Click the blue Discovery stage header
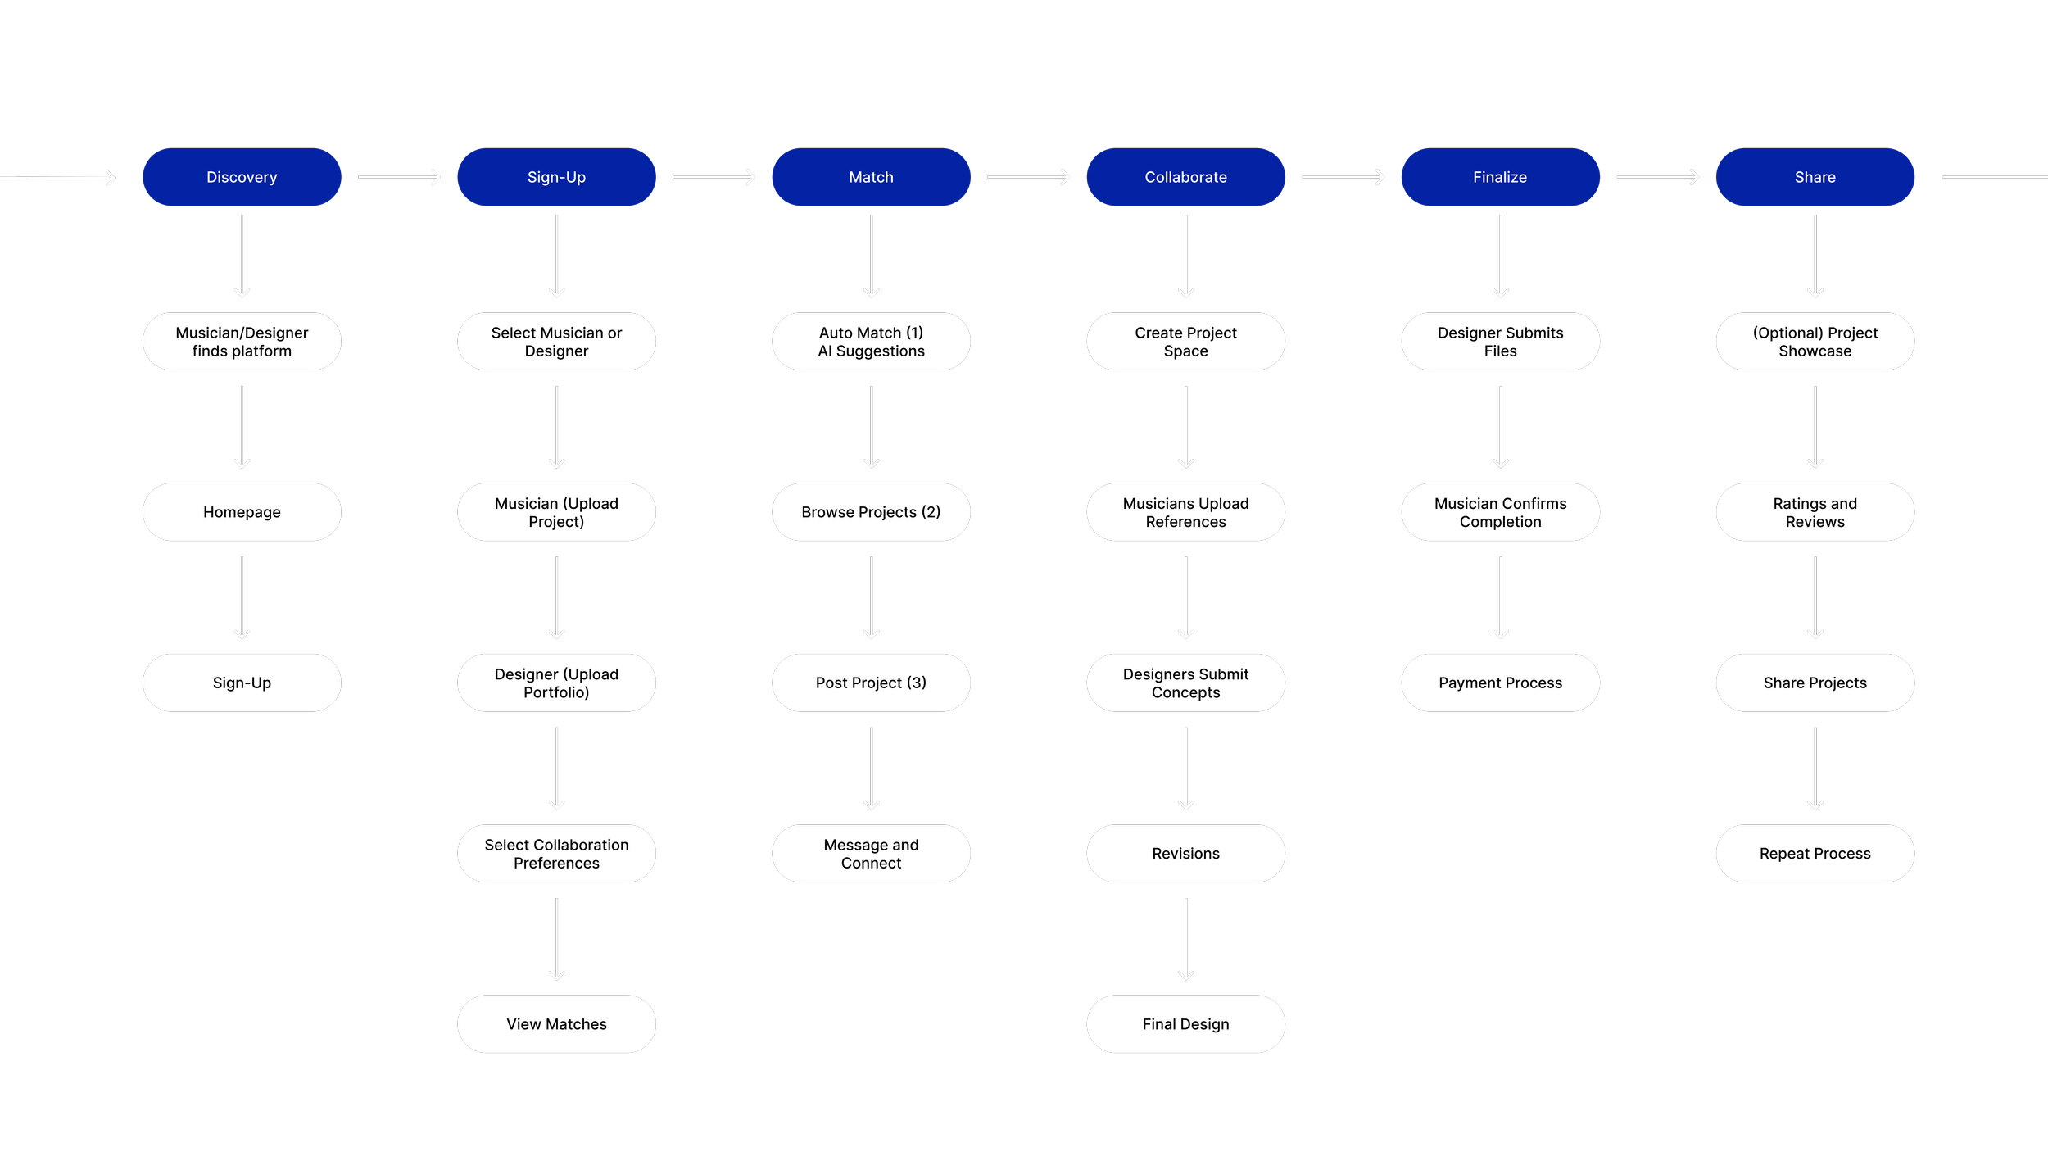pyautogui.click(x=242, y=177)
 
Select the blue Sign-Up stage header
pyautogui.click(x=556, y=177)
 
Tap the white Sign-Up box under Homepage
pyautogui.click(x=242, y=683)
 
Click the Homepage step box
pyautogui.click(x=242, y=512)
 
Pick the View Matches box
pyautogui.click(x=556, y=1024)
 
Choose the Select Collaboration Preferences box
pyautogui.click(x=556, y=854)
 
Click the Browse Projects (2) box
pyautogui.click(x=871, y=512)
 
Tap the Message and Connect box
pyautogui.click(x=871, y=854)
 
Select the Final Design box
pyautogui.click(x=1185, y=1024)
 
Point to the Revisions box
pyautogui.click(x=1185, y=854)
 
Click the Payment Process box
pyautogui.click(x=1500, y=683)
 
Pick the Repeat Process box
pyautogui.click(x=1815, y=854)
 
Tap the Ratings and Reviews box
pyautogui.click(x=1815, y=512)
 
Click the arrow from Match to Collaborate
pyautogui.click(x=1028, y=177)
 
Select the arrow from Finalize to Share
pyautogui.click(x=1657, y=177)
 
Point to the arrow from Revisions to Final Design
pyautogui.click(x=1185, y=939)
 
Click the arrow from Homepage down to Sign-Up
pyautogui.click(x=242, y=597)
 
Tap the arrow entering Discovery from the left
pyautogui.click(x=57, y=178)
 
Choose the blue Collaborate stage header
pyautogui.click(x=1185, y=177)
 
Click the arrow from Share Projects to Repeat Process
pyautogui.click(x=1815, y=768)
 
